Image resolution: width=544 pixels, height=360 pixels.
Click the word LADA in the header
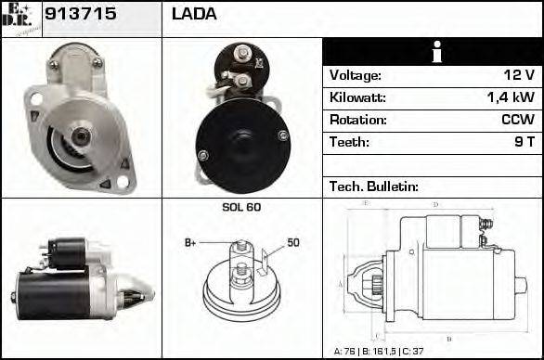click(194, 14)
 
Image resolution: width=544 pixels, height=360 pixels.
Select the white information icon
click(432, 52)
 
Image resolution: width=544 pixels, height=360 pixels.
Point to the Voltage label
click(356, 75)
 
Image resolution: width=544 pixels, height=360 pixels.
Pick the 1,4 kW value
click(511, 97)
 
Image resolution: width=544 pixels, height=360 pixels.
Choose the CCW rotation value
click(517, 120)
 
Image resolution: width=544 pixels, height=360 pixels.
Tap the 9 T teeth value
click(523, 142)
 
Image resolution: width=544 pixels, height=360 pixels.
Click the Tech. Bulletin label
click(374, 186)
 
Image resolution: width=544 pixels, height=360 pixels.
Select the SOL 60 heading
click(241, 207)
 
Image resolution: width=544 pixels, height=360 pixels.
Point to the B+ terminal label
click(190, 243)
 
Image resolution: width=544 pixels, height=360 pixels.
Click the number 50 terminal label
click(293, 243)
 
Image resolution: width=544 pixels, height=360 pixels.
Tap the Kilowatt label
click(357, 97)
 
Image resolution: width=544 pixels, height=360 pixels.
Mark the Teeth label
click(349, 142)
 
